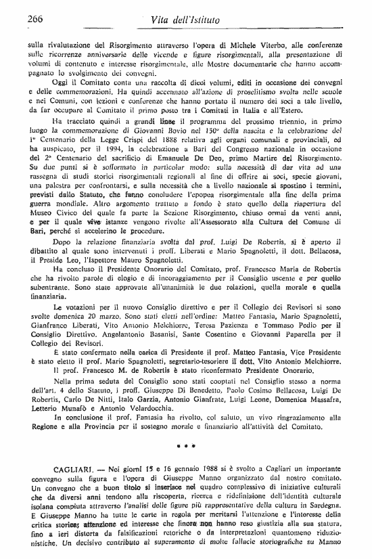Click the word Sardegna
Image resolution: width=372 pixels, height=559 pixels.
coord(322,508)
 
